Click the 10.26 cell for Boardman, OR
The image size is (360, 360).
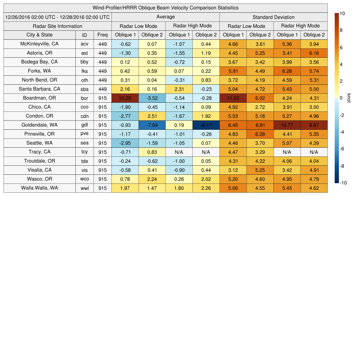(x=125, y=98)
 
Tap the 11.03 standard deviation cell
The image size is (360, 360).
(x=233, y=98)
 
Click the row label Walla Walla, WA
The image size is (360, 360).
(x=39, y=188)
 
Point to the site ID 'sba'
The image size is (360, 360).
(x=84, y=89)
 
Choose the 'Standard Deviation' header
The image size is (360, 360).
(x=274, y=17)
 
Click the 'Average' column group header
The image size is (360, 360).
(x=165, y=17)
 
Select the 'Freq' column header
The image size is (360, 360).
(x=102, y=35)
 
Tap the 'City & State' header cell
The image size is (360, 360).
(x=39, y=35)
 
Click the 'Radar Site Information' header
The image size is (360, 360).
(x=57, y=26)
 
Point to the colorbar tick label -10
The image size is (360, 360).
(x=343, y=183)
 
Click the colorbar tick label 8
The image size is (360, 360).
(x=341, y=31)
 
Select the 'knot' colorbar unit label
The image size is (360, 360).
(x=349, y=98)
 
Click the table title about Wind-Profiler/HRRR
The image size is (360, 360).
(x=165, y=8)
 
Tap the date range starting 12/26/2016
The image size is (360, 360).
(x=57, y=17)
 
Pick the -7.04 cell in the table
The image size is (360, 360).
(x=152, y=125)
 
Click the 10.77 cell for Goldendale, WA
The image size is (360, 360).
(x=287, y=125)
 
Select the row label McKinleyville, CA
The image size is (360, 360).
(x=39, y=44)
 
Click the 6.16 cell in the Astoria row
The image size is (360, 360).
(x=314, y=53)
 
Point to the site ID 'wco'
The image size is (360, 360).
(x=84, y=179)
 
